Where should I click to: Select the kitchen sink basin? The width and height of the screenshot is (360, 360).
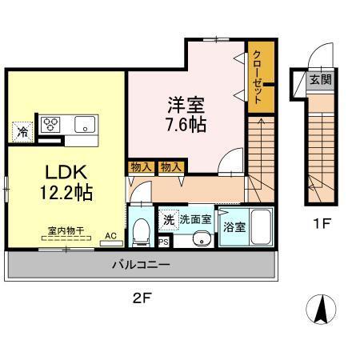click(85, 124)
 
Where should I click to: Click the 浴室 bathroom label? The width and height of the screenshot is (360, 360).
click(234, 226)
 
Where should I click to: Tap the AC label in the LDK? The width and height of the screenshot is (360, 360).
click(110, 237)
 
